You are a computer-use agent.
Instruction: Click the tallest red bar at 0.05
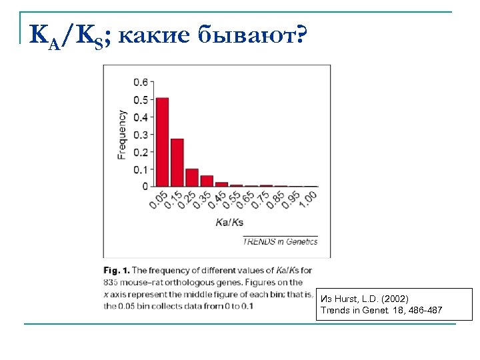pyautogui.click(x=162, y=142)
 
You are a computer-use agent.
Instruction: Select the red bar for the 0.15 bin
pyautogui.click(x=177, y=163)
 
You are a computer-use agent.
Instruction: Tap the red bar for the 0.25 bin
pyautogui.click(x=192, y=177)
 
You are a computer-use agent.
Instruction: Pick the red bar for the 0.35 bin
pyautogui.click(x=207, y=181)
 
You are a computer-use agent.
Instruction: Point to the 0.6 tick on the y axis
pyautogui.click(x=141, y=83)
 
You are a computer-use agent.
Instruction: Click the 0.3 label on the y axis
pyautogui.click(x=141, y=135)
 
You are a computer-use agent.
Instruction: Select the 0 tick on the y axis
pyautogui.click(x=145, y=187)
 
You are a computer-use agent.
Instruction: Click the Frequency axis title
pyautogui.click(x=122, y=134)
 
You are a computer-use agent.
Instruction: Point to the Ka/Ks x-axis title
pyautogui.click(x=230, y=222)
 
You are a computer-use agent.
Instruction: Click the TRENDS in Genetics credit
pyautogui.click(x=281, y=241)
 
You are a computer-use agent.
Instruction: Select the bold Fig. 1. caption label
pyautogui.click(x=117, y=271)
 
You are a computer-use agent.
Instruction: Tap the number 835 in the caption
pyautogui.click(x=111, y=283)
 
